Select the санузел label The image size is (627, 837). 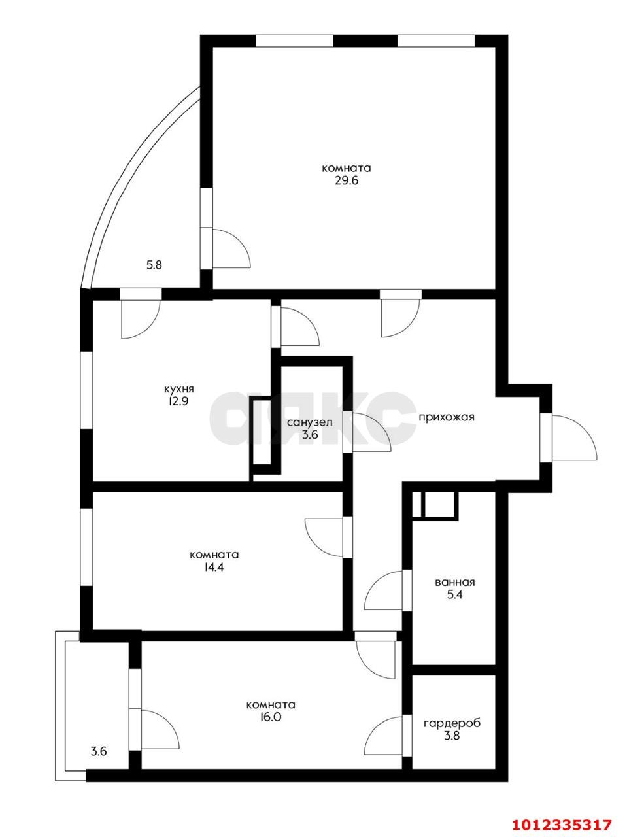pyautogui.click(x=309, y=422)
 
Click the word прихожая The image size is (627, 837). pyautogui.click(x=446, y=417)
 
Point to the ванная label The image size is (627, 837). pyautogui.click(x=454, y=583)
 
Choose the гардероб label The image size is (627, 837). pyautogui.click(x=452, y=724)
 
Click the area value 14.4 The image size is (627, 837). pyautogui.click(x=214, y=568)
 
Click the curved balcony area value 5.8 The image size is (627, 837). pyautogui.click(x=154, y=265)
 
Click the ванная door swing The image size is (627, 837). pyautogui.click(x=384, y=590)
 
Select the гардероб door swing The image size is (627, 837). pyautogui.click(x=384, y=736)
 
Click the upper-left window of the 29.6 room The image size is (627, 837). pyautogui.click(x=294, y=41)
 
